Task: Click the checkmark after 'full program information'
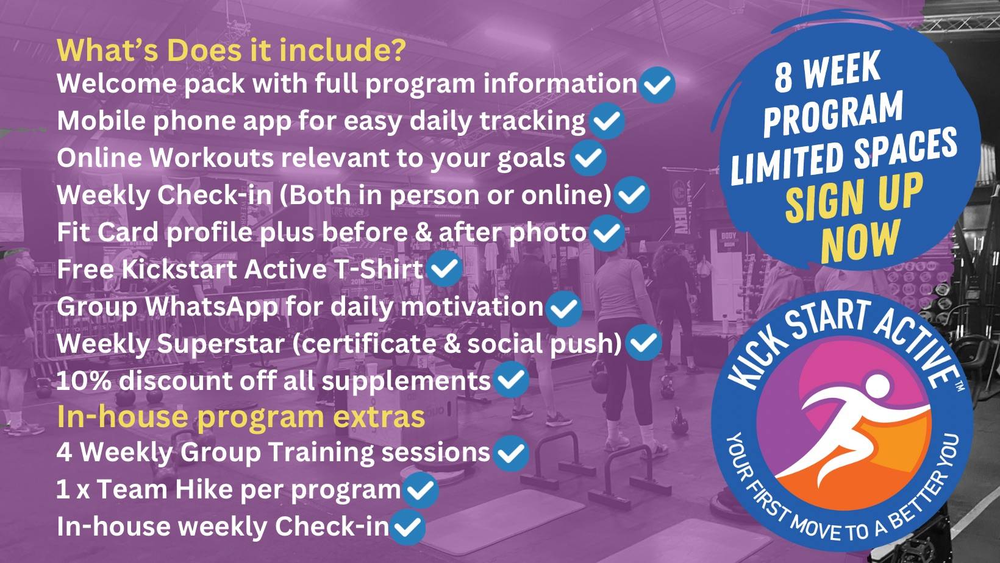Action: (x=657, y=84)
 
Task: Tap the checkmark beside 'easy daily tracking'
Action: (x=606, y=121)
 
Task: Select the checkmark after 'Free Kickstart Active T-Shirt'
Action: (x=444, y=269)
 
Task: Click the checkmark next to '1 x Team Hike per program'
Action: (x=420, y=490)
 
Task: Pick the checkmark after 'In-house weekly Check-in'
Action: (x=407, y=527)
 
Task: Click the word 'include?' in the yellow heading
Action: (x=343, y=50)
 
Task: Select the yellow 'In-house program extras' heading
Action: (x=241, y=417)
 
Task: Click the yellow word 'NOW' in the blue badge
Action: (x=859, y=242)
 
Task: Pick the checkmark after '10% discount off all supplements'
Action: (x=511, y=379)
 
